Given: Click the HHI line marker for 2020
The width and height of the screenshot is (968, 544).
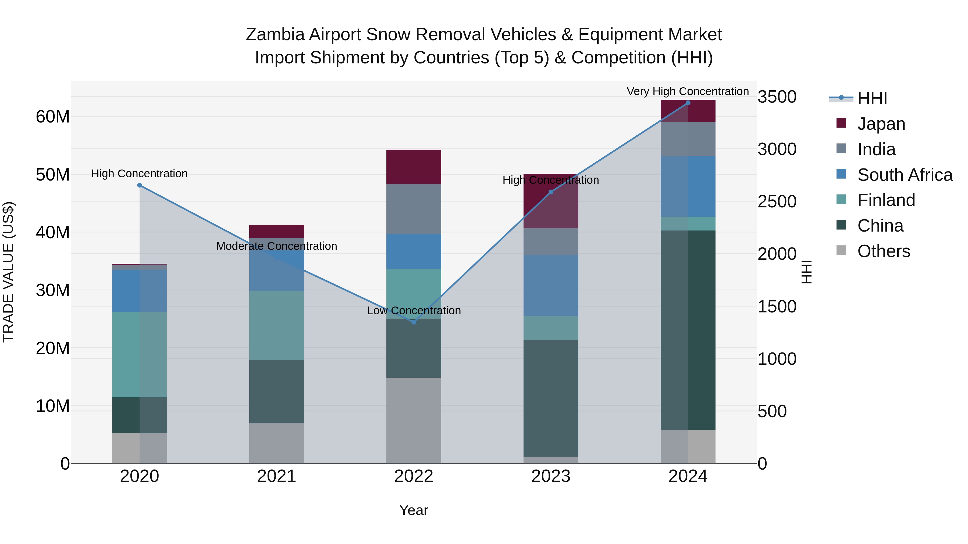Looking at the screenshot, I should point(139,185).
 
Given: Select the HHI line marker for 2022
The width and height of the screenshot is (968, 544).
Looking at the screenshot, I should point(414,322).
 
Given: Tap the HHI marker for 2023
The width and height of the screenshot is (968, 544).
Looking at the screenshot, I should point(551,192).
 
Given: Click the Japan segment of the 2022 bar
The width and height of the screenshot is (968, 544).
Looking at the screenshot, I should point(414,167).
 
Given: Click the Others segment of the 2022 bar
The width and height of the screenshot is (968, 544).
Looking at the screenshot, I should point(414,420).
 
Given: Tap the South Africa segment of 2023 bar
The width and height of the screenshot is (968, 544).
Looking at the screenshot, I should point(551,285).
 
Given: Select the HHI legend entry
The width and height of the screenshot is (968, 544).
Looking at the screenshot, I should point(872,98).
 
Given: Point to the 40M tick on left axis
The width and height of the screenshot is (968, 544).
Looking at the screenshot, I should point(53,232).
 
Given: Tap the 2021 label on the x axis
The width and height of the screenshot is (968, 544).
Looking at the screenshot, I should point(277,476).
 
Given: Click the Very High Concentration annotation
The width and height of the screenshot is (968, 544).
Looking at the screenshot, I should point(688,91).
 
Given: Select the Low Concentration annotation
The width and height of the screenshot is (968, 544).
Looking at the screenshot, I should point(414,311).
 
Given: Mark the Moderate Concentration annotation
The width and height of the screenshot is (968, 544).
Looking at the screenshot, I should point(277,246).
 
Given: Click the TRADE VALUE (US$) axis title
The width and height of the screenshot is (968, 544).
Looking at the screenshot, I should point(8,272).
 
